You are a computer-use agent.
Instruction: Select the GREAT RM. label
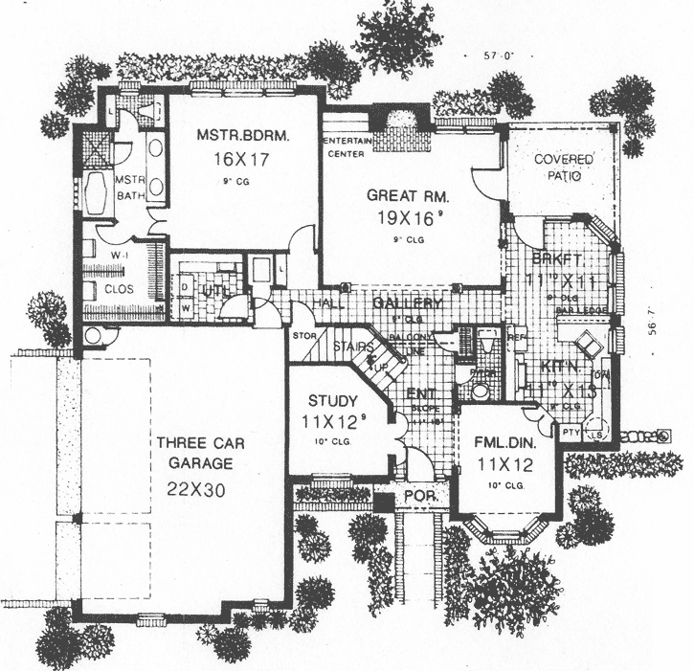tap(407, 195)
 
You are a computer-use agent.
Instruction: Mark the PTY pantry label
tap(571, 433)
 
